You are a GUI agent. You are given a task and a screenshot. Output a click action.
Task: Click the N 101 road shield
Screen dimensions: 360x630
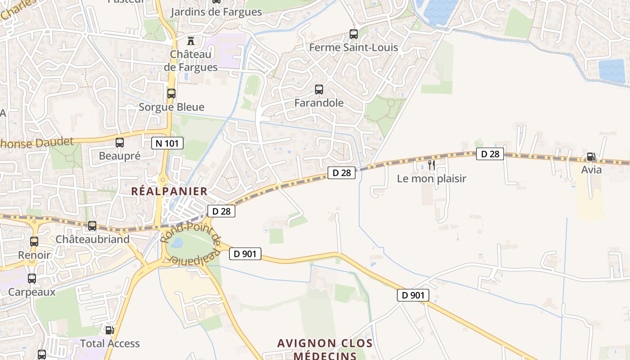tap(167, 144)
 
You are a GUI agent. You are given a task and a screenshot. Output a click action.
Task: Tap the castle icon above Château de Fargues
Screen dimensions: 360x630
tap(191, 41)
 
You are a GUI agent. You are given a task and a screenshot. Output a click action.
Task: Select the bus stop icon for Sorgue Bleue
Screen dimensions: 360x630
tap(171, 94)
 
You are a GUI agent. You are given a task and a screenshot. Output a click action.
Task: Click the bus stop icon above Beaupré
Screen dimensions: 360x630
tap(120, 143)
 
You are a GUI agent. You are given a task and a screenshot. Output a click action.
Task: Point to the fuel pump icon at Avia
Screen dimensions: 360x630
tap(591, 157)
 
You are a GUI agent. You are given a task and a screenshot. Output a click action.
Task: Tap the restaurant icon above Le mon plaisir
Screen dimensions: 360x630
tap(432, 165)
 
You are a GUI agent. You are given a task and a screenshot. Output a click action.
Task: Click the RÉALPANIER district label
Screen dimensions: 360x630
tap(169, 191)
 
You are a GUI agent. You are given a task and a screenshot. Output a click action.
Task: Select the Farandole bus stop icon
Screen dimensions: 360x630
tap(319, 90)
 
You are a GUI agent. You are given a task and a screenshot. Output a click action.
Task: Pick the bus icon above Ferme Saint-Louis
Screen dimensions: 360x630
tap(354, 34)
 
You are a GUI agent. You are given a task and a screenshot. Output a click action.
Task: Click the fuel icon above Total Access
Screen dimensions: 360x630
tap(109, 330)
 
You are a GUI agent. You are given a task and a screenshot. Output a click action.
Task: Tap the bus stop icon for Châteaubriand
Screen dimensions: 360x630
tap(92, 226)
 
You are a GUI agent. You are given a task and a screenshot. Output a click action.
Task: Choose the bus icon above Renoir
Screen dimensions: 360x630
tap(34, 242)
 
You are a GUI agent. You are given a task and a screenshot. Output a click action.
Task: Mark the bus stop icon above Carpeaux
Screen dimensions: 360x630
tap(32, 279)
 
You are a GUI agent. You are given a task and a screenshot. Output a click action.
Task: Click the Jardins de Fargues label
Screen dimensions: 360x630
tap(216, 12)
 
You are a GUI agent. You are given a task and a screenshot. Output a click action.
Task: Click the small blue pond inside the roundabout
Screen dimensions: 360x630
tap(176, 243)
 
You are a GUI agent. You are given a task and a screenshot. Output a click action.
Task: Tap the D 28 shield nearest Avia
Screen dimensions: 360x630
tap(490, 154)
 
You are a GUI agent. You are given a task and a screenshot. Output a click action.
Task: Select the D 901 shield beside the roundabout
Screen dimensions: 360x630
tap(245, 254)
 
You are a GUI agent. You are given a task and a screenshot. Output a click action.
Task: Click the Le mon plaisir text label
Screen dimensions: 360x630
tap(432, 179)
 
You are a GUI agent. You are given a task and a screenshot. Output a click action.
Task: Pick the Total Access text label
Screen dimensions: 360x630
tap(110, 344)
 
